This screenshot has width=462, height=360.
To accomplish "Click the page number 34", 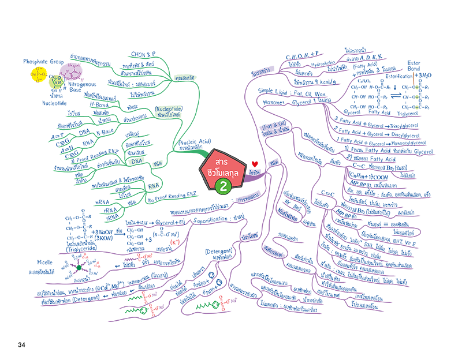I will pos(21,345).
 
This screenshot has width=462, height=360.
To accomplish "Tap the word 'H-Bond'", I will pos(100,106).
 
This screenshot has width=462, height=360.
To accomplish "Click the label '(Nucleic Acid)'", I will pos(193,140).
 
